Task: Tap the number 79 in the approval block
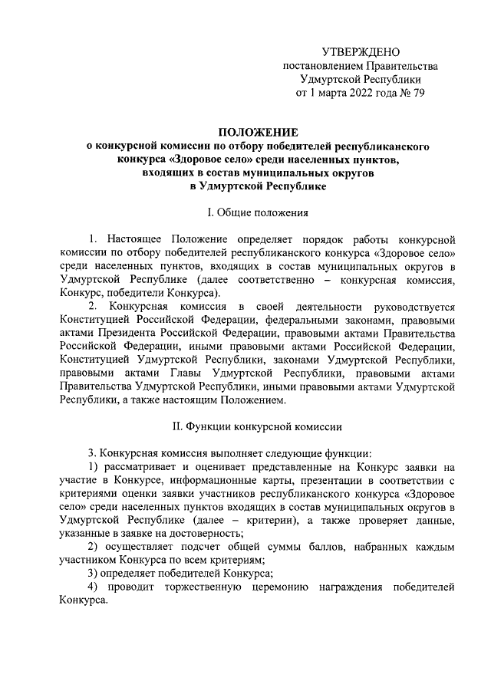coord(417,94)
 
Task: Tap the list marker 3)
coord(94,574)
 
